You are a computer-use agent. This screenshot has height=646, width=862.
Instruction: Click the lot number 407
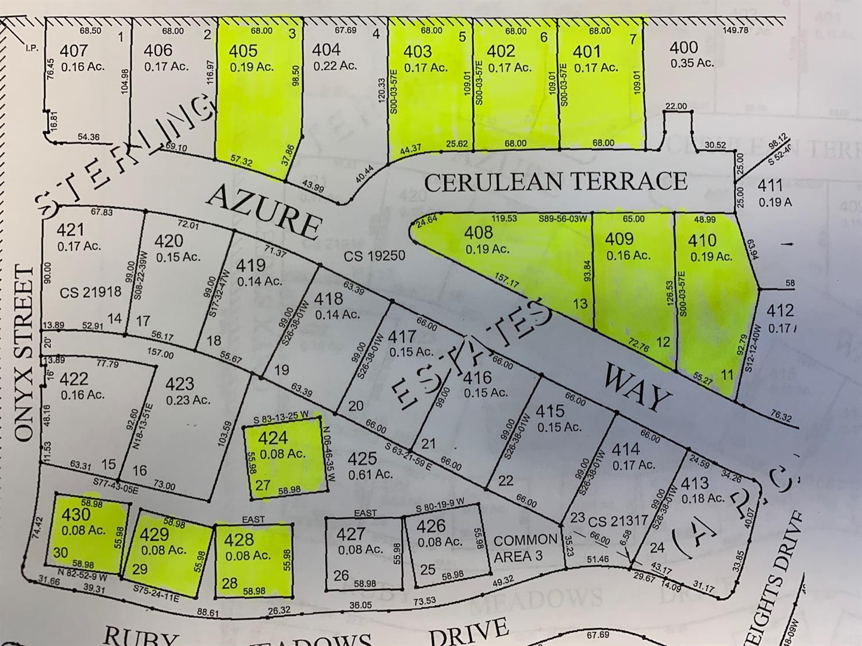tap(74, 51)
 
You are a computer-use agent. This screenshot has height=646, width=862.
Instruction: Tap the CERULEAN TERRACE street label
tap(556, 182)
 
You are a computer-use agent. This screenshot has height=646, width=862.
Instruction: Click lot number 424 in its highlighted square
tap(272, 439)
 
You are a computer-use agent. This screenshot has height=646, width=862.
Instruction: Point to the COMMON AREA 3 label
tap(525, 548)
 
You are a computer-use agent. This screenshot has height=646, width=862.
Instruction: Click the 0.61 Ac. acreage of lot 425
tap(371, 475)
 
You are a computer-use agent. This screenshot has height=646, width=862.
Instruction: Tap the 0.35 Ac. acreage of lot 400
tap(692, 63)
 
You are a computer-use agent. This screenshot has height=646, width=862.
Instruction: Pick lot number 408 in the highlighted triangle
tap(478, 232)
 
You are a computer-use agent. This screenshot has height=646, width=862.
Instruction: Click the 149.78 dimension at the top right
tap(736, 30)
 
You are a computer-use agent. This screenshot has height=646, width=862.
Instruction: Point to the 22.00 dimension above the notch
tap(676, 106)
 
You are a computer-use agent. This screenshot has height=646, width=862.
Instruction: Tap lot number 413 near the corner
tap(695, 483)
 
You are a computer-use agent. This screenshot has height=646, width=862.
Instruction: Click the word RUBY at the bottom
tap(141, 637)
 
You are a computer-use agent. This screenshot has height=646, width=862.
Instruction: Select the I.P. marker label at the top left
tap(32, 48)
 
